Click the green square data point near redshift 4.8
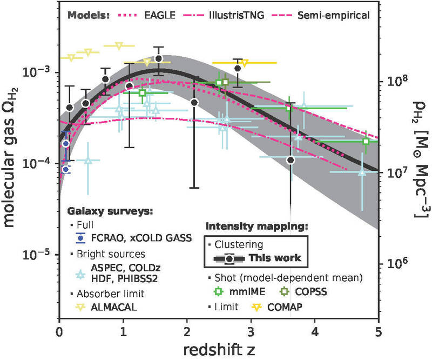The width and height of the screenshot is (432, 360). point(366,141)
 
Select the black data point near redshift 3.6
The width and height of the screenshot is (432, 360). point(291,160)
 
